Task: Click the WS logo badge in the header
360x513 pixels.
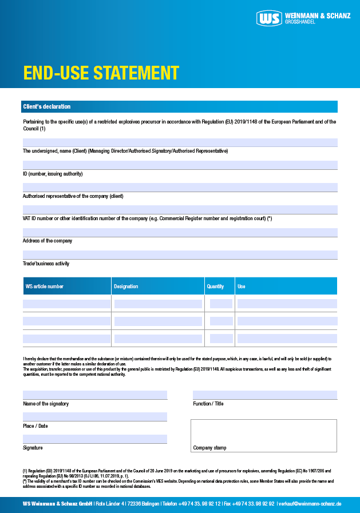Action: click(x=270, y=18)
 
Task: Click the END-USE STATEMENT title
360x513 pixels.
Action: click(x=101, y=73)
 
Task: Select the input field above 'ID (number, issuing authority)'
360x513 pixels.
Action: click(x=179, y=165)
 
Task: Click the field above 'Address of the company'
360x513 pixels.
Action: click(x=179, y=232)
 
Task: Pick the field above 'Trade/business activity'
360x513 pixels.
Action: click(x=179, y=254)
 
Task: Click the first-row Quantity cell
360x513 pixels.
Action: click(x=221, y=304)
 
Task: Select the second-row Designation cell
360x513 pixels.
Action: click(x=158, y=321)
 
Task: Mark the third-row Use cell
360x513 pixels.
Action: click(x=287, y=339)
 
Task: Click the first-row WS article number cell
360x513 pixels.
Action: click(x=66, y=304)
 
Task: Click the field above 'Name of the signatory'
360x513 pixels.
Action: click(x=95, y=395)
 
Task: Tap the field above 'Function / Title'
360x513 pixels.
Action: click(x=264, y=395)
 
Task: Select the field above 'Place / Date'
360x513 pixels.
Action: click(x=95, y=417)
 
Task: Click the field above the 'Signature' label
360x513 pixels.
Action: click(x=95, y=439)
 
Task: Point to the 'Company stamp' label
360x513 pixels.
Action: click(x=209, y=448)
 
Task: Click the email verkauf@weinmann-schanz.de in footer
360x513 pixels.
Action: click(x=310, y=504)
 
